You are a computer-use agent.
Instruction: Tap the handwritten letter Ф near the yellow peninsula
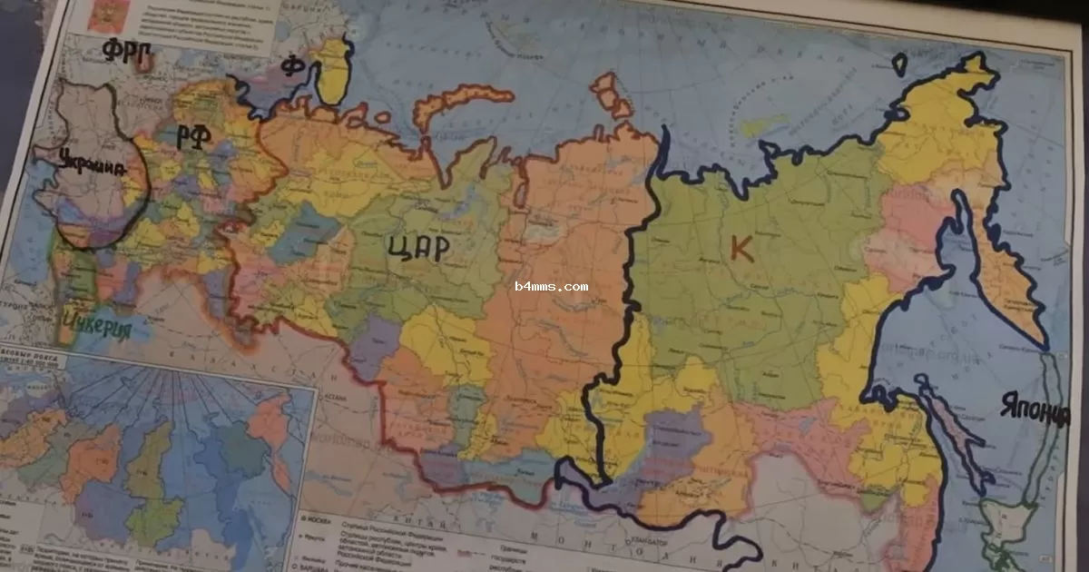pyautogui.click(x=291, y=66)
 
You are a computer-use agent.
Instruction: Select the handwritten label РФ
pyautogui.click(x=194, y=135)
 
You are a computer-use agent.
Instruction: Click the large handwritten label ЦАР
pyautogui.click(x=418, y=247)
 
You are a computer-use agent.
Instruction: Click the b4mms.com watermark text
pyautogui.click(x=551, y=286)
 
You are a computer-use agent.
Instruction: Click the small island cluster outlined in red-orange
pyautogui.click(x=610, y=94)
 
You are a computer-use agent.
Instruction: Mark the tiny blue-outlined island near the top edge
pyautogui.click(x=899, y=64)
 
